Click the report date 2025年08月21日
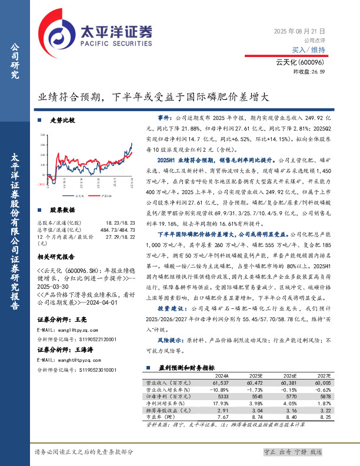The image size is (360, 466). click(300, 31)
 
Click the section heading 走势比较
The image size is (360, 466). click(62, 119)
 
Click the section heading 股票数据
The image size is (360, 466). click(62, 209)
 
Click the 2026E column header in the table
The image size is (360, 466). click(289, 374)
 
